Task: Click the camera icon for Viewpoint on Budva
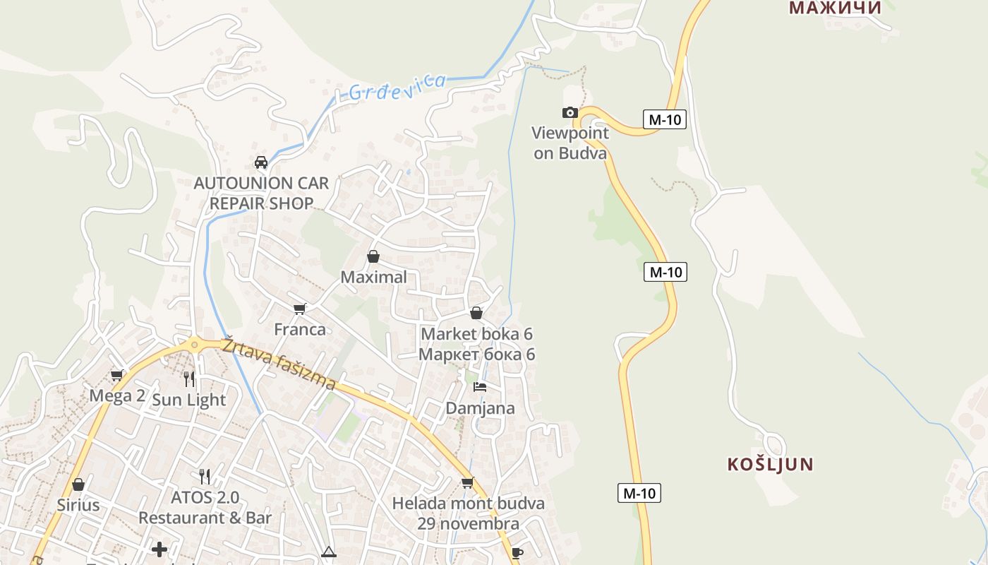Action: click(570, 113)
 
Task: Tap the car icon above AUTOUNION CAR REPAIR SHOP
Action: click(261, 162)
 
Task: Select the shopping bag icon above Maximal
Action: click(373, 256)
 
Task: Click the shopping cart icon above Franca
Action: click(300, 309)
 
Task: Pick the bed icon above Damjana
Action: click(480, 387)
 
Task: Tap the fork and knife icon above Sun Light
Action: click(188, 379)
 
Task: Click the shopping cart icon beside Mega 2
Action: click(117, 375)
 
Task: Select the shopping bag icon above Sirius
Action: click(78, 484)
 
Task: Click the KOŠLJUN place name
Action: click(770, 465)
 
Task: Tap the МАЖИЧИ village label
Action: click(835, 8)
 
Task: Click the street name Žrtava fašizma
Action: click(279, 364)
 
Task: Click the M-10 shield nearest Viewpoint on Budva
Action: click(665, 119)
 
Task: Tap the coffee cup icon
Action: click(517, 553)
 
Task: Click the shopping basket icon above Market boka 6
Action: click(476, 313)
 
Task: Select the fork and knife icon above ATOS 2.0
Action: click(205, 477)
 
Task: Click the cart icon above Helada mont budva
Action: click(467, 483)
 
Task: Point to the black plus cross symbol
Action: click(160, 549)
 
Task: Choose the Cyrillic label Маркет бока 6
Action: click(476, 355)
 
